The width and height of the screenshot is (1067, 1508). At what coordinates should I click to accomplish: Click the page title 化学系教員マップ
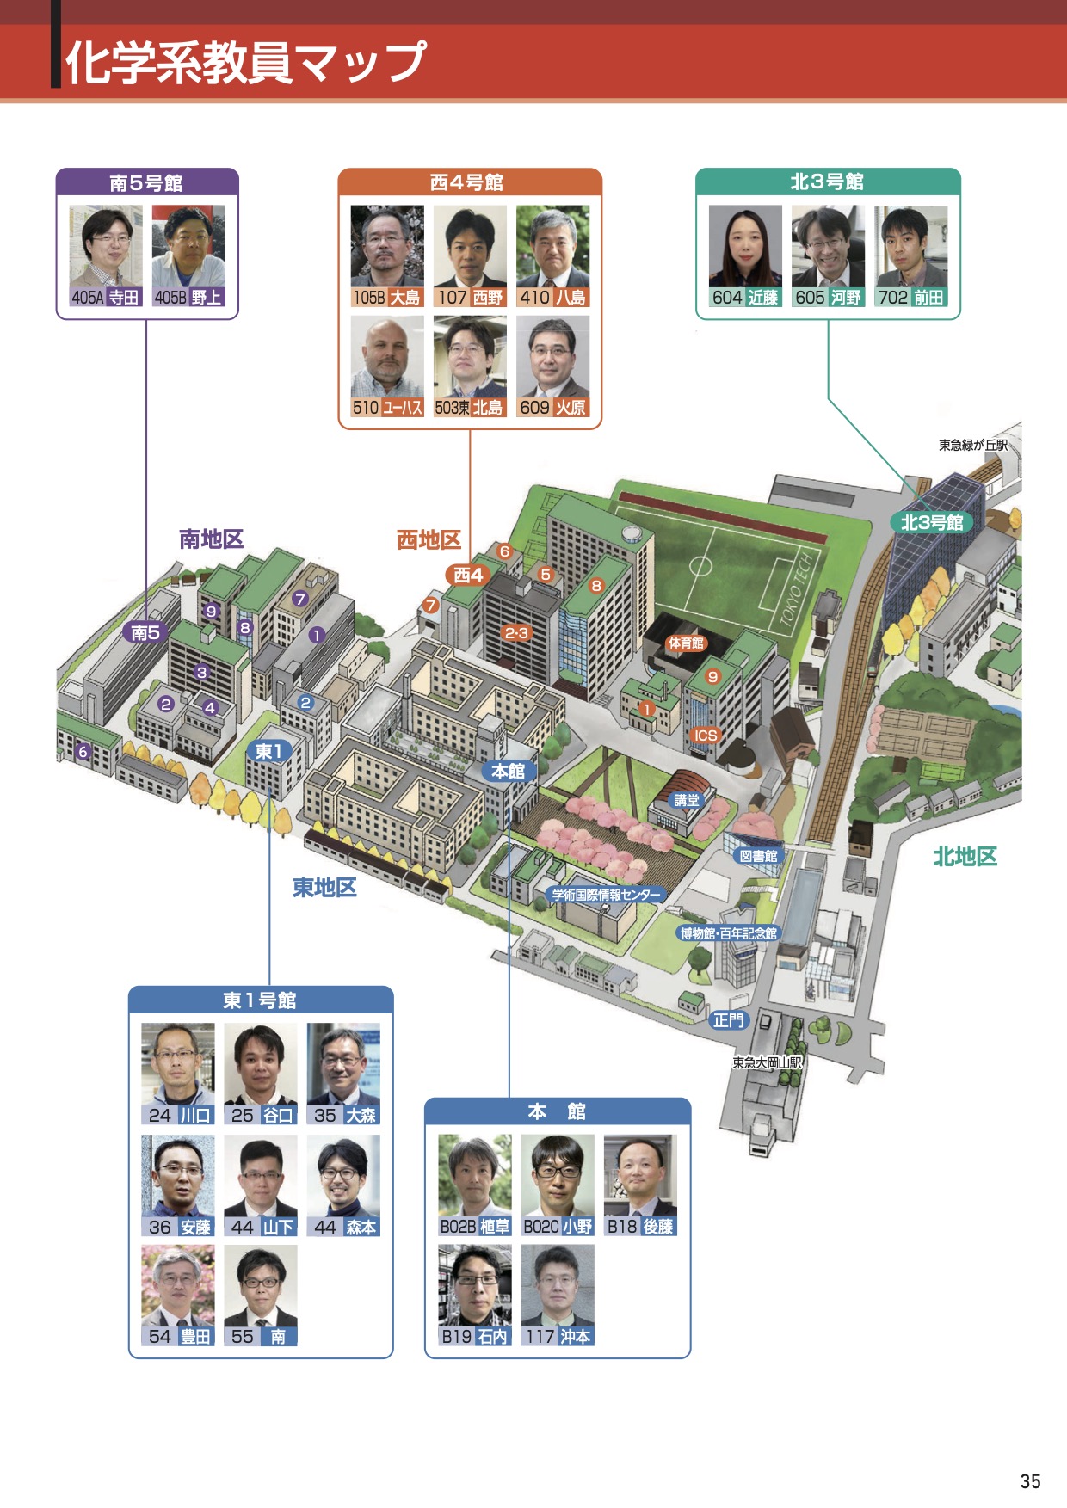click(246, 62)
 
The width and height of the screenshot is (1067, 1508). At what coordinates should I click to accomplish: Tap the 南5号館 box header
click(147, 183)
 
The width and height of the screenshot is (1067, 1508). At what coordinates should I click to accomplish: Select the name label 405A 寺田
click(106, 298)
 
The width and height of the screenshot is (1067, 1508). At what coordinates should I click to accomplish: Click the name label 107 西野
click(470, 298)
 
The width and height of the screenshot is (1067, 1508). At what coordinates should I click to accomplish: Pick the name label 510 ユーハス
click(387, 408)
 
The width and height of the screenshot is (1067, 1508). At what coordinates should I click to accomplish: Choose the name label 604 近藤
click(745, 298)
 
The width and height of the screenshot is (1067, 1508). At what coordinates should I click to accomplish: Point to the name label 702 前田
click(911, 298)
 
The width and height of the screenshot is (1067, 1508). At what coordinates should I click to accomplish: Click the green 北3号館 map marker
click(932, 522)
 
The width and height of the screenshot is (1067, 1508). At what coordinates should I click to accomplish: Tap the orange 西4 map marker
click(469, 575)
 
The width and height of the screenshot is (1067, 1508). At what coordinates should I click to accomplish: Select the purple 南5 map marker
click(145, 632)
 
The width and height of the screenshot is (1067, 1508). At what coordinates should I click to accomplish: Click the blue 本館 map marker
click(508, 771)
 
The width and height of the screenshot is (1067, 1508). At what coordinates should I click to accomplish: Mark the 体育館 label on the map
click(686, 643)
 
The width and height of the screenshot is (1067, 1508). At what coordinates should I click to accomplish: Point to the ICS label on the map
click(706, 736)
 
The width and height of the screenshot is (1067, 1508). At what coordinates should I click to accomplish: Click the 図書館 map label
click(758, 856)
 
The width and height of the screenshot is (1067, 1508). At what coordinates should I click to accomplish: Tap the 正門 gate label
click(729, 1020)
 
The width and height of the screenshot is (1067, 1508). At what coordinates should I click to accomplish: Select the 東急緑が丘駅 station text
click(972, 445)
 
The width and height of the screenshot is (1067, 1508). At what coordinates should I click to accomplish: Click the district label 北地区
click(965, 857)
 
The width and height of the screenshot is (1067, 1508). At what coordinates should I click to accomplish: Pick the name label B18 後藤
click(641, 1227)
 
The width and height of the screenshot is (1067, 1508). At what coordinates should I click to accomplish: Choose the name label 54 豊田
click(178, 1336)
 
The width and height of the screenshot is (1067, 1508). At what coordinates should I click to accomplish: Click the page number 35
click(1030, 1481)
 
